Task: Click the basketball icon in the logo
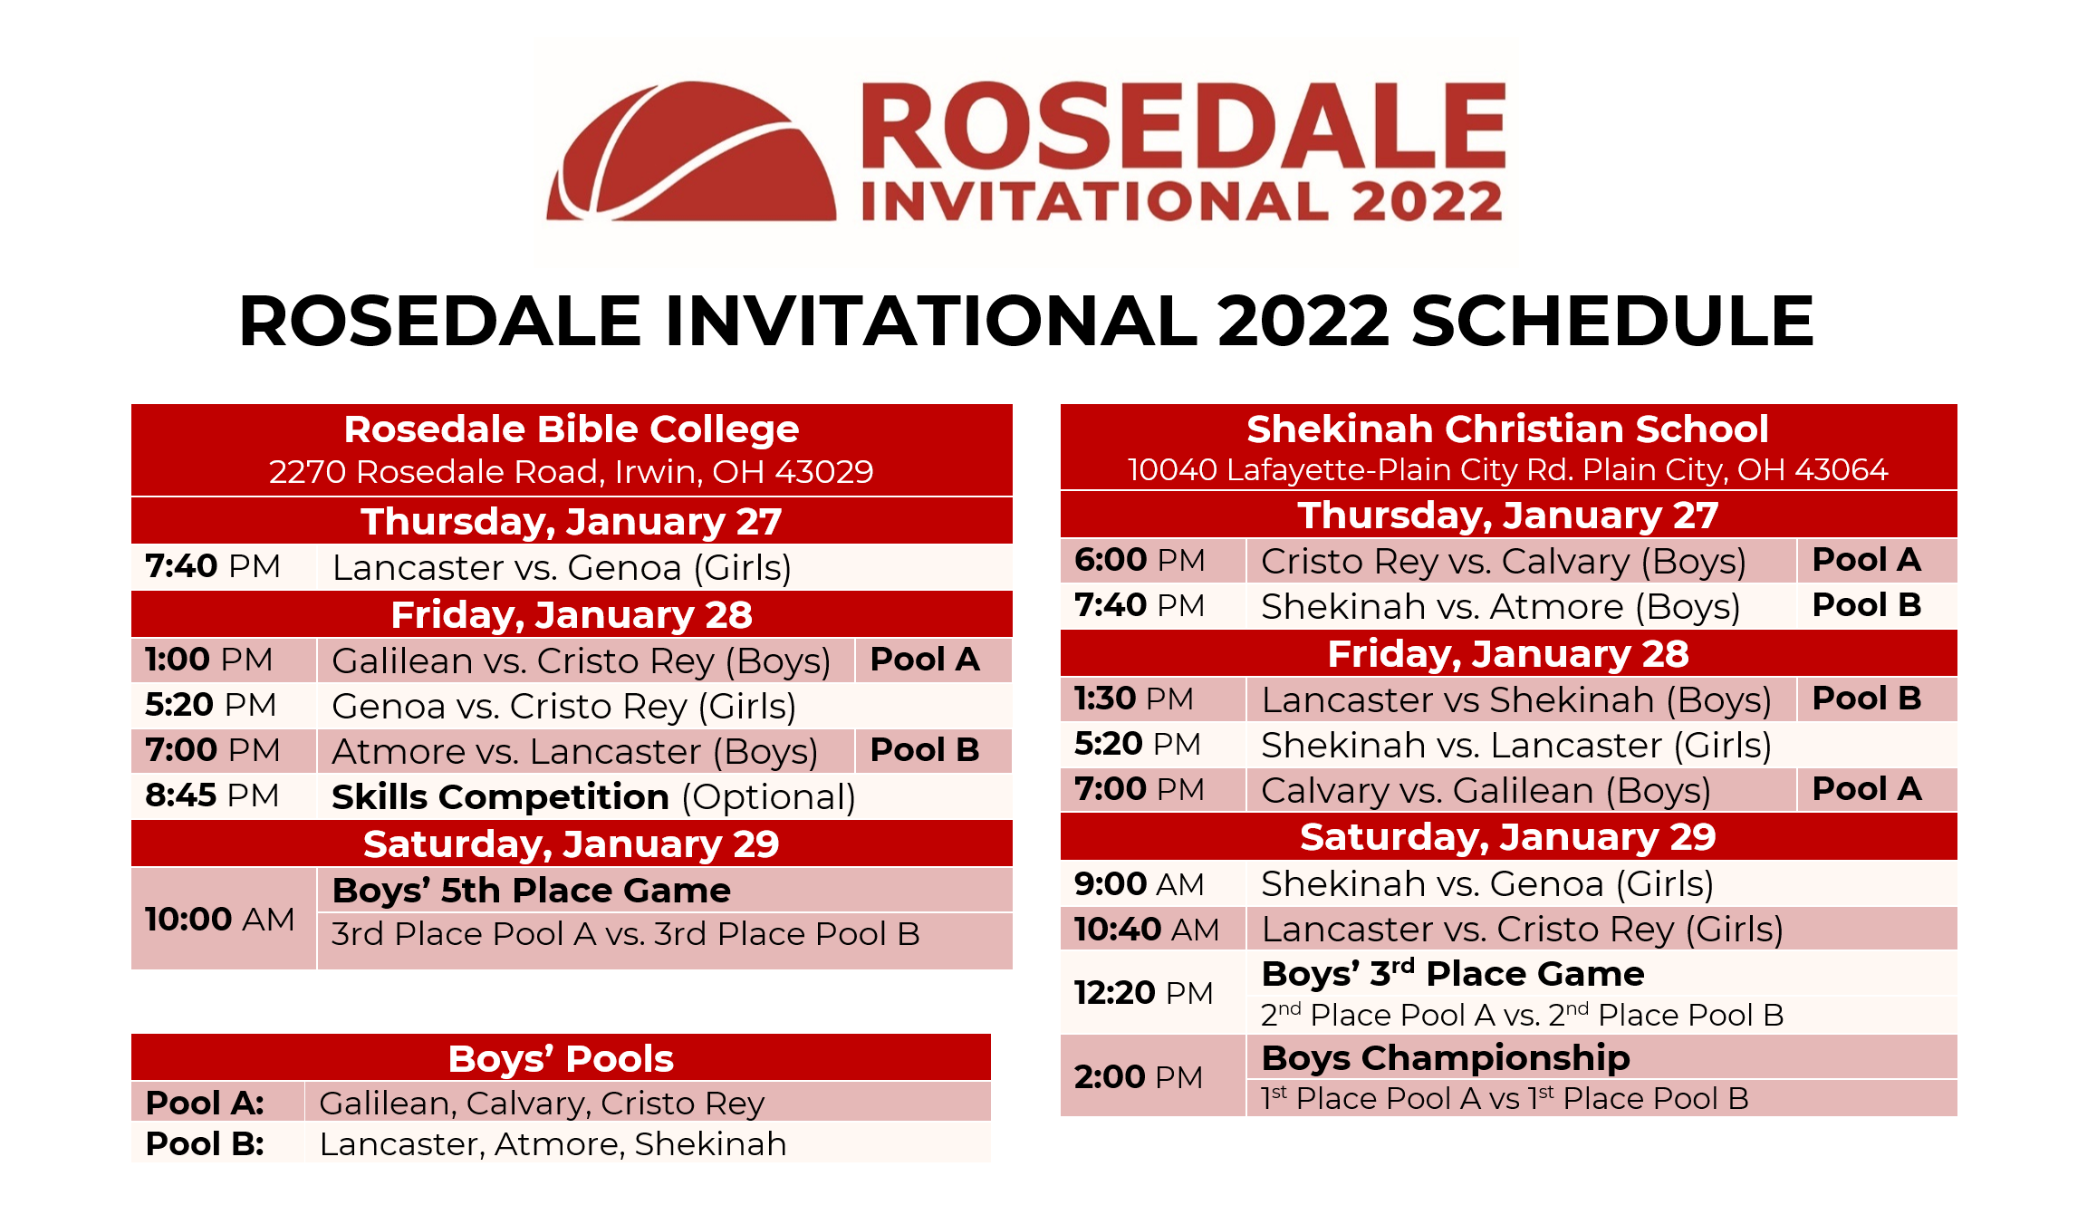(x=691, y=151)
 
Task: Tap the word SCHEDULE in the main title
(x=1612, y=321)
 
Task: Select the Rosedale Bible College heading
(x=572, y=429)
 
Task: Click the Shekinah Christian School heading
(x=1507, y=429)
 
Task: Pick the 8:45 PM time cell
(x=212, y=795)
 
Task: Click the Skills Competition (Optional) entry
(x=593, y=797)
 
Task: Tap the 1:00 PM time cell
(x=208, y=659)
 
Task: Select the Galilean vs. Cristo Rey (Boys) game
(x=581, y=661)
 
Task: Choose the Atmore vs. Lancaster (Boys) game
(x=574, y=752)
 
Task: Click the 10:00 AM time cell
(x=219, y=919)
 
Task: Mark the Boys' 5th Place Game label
(x=531, y=891)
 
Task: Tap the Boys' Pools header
(x=561, y=1058)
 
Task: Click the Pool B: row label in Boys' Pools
(x=205, y=1143)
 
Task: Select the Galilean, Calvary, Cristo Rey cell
(x=542, y=1104)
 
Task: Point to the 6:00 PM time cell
(x=1140, y=560)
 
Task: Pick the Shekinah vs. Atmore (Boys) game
(x=1500, y=607)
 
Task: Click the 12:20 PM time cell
(x=1143, y=992)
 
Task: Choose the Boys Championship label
(x=1446, y=1057)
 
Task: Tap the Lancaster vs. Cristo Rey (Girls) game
(x=1522, y=930)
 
